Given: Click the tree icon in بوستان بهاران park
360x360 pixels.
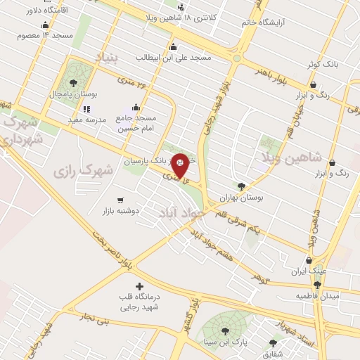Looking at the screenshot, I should pos(242,187).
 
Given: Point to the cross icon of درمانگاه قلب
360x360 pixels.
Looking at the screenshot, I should pos(139,286).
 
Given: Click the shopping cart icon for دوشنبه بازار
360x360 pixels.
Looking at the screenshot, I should pos(120,200).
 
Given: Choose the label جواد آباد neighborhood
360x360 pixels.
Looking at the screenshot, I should pos(181,210).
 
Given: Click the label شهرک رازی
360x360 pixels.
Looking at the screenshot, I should pos(83,170).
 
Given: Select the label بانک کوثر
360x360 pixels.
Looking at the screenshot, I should pos(326,64).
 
